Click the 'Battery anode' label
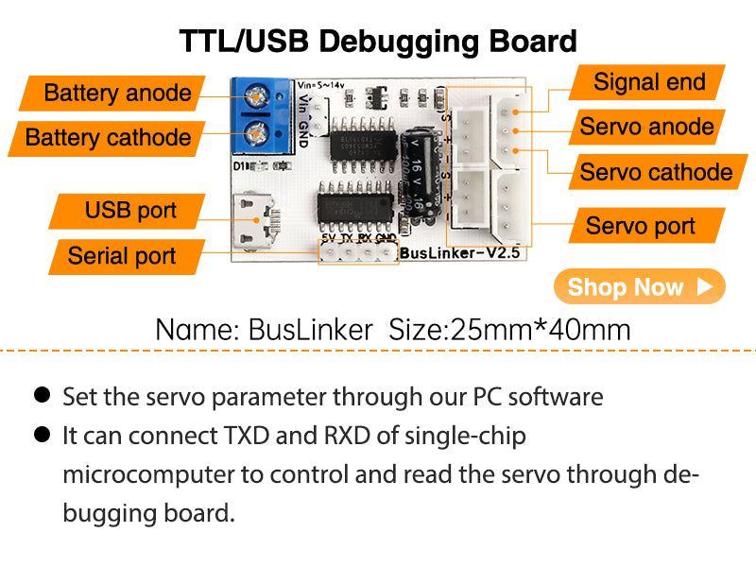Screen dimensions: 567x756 [x=117, y=94]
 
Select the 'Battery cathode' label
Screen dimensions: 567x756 [x=108, y=138]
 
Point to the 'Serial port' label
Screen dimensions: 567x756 [x=122, y=255]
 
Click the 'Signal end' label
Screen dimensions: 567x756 [x=649, y=82]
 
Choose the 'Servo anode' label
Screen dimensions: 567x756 [x=646, y=127]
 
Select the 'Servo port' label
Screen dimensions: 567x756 [x=640, y=226]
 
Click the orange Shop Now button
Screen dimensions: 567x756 [x=639, y=287]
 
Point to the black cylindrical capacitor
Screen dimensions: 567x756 [x=418, y=176]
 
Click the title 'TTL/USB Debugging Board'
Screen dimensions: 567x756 [x=378, y=42]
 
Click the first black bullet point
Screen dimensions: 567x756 [x=43, y=395]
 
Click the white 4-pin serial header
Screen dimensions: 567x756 [x=358, y=254]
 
